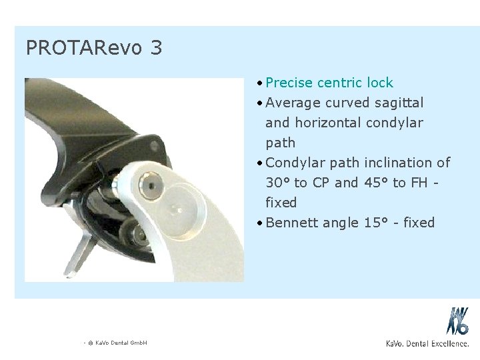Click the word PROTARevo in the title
[x=79, y=47]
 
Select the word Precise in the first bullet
[x=291, y=83]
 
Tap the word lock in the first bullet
[x=379, y=83]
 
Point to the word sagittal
[x=400, y=103]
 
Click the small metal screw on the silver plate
[x=154, y=184]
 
